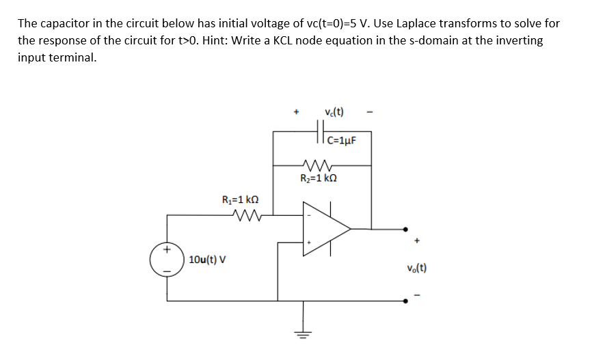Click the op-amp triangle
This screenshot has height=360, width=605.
[x=325, y=228]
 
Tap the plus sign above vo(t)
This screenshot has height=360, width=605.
[x=416, y=241]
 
